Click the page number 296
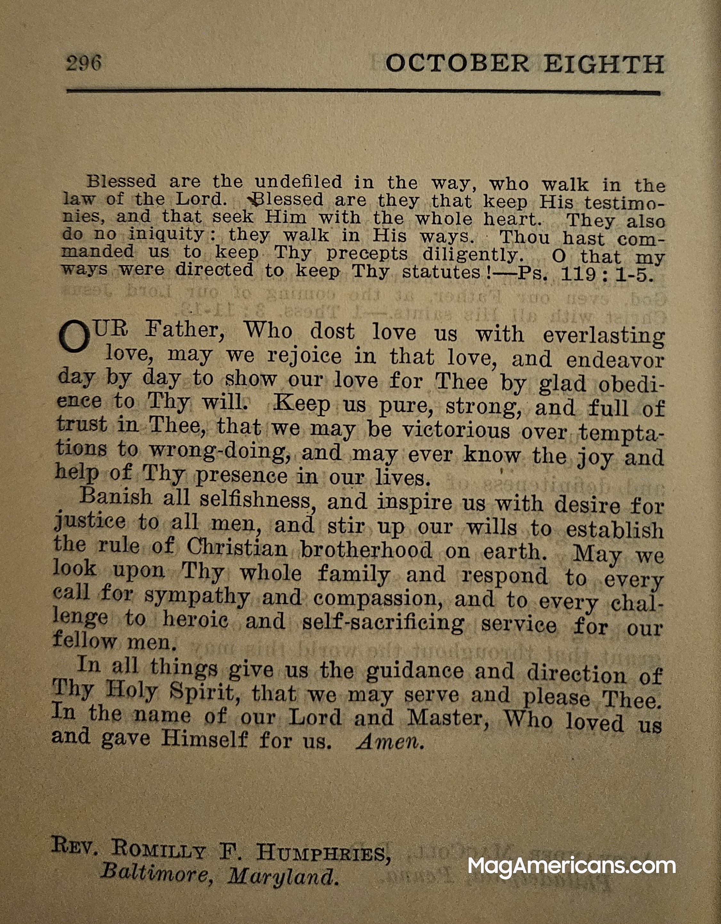click(x=83, y=63)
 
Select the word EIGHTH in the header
click(x=604, y=65)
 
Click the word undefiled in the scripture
click(x=298, y=182)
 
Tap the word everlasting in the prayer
click(x=604, y=335)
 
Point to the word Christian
click(x=237, y=548)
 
